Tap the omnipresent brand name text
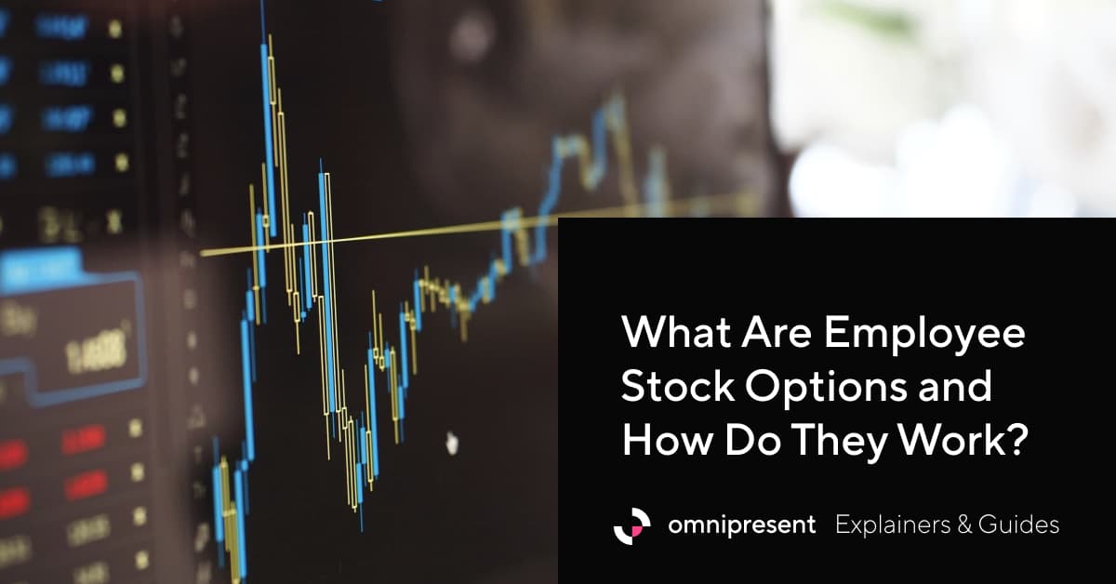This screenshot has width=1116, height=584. [741, 525]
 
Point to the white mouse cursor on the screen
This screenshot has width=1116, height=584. [453, 443]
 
